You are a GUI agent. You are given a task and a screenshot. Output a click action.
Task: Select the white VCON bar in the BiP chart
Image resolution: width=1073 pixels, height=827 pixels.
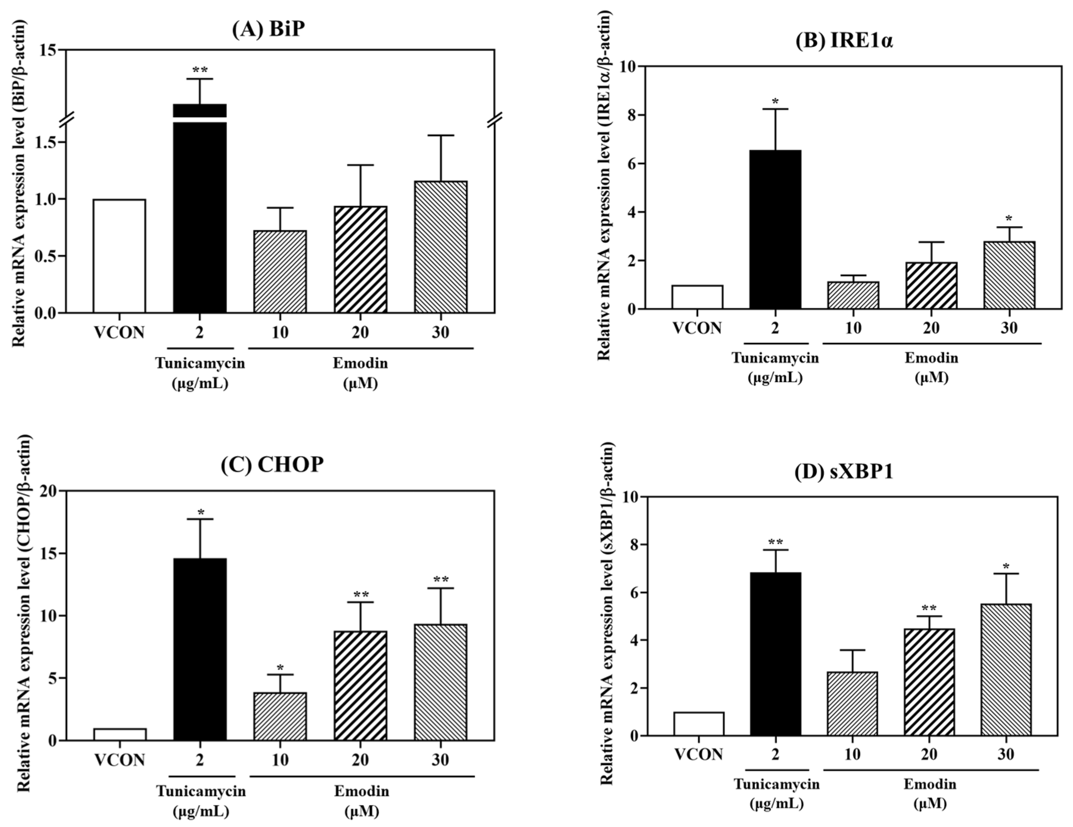tap(120, 255)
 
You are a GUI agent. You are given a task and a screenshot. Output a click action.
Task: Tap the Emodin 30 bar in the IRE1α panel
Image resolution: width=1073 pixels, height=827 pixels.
tap(1009, 275)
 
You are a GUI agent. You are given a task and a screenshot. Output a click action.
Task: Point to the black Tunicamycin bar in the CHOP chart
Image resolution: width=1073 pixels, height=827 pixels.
tap(200, 649)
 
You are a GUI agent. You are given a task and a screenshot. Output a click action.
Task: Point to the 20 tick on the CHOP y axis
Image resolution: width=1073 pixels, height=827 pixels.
tap(48, 491)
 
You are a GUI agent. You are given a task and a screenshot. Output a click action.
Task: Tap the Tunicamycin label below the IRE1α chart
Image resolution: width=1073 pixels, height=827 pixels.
tap(775, 358)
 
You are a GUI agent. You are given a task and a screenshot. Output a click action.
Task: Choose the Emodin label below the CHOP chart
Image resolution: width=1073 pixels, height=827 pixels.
tap(362, 791)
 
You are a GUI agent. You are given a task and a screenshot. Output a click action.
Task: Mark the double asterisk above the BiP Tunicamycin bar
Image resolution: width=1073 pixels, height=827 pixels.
tap(200, 69)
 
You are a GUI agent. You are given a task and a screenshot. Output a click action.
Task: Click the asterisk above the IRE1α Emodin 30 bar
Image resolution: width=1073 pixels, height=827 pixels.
tap(1009, 219)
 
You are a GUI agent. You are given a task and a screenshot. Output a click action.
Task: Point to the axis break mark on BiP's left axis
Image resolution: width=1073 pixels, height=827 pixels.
tap(68, 119)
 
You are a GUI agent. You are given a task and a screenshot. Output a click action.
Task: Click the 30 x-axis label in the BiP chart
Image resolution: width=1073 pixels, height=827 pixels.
tap(440, 333)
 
